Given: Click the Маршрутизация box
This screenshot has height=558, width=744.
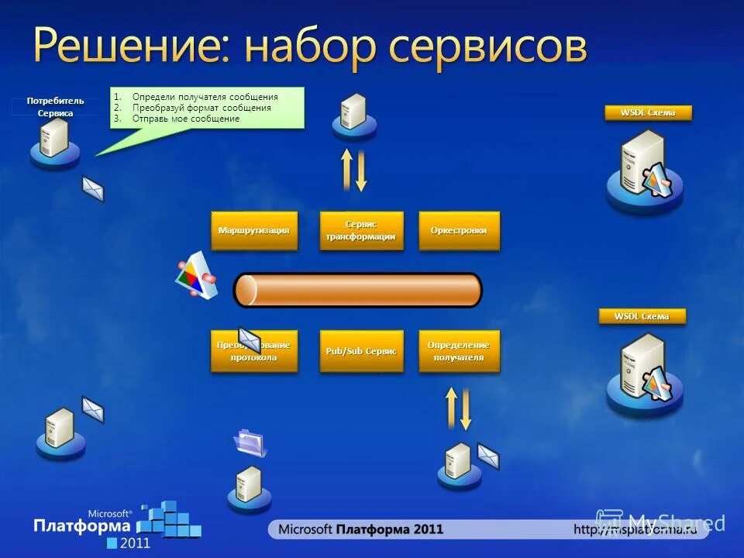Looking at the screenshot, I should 254,230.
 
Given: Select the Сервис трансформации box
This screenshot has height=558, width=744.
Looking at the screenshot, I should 361,230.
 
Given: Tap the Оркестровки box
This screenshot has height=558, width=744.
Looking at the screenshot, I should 459,230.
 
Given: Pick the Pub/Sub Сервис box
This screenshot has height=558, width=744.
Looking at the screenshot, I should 361,351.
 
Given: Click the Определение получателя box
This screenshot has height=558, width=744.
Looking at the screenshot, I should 459,351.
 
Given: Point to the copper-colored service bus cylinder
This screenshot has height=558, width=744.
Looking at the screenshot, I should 357,290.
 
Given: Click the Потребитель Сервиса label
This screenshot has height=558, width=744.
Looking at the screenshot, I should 56,107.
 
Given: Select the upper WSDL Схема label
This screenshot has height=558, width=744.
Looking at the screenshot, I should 647,113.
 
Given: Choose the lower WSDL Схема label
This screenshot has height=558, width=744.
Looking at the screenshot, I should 642,316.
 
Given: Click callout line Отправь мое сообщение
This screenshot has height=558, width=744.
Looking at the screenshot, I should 185,119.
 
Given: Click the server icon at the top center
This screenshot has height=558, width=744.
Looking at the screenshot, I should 354,115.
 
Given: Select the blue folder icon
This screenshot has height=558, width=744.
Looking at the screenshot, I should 251,442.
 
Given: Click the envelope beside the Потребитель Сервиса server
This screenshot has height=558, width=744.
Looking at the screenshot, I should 93,188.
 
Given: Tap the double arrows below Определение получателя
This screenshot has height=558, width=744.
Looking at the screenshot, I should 458,408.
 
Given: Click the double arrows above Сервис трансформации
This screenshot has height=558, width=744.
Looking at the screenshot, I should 354,169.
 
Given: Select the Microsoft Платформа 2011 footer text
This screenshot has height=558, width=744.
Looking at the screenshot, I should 360,529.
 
